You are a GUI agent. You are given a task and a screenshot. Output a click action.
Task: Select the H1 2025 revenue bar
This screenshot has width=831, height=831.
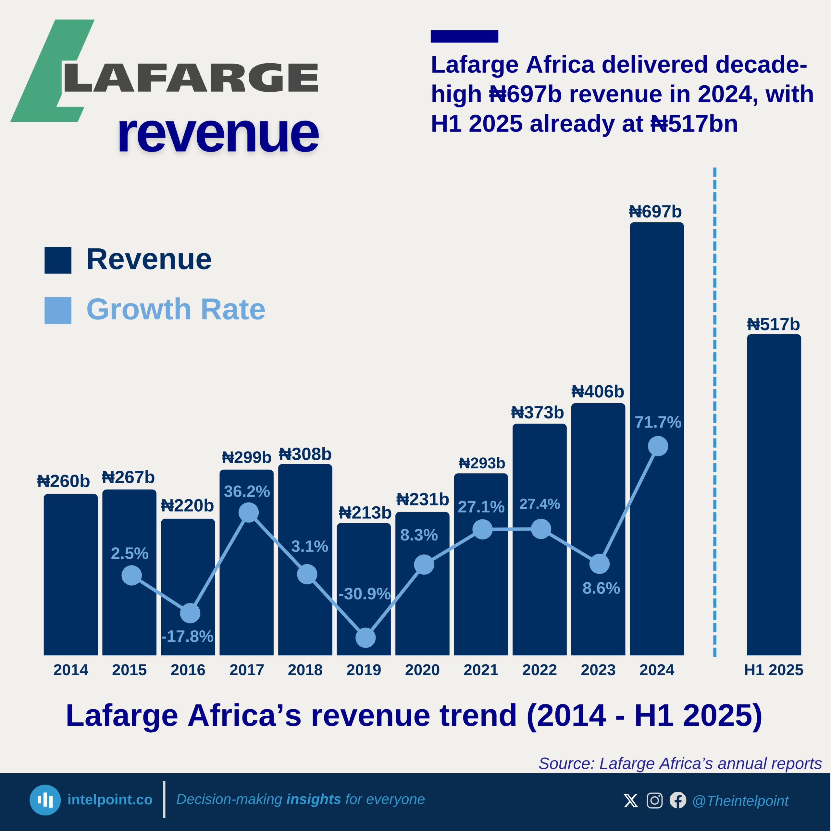(774, 495)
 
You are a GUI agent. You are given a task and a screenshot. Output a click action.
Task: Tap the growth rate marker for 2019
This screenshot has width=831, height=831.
(366, 638)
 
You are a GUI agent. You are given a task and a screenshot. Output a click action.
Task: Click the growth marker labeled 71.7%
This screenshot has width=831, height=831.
(658, 446)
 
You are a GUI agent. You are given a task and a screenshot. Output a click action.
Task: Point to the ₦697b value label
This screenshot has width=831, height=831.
(655, 212)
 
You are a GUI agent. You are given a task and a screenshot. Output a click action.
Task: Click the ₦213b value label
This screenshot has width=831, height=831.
(365, 513)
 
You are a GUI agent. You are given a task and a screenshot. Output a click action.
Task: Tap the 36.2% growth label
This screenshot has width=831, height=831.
(247, 491)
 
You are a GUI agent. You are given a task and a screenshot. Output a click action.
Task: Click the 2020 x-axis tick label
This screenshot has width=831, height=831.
(422, 670)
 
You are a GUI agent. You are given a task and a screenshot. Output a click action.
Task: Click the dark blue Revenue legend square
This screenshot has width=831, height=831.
(58, 260)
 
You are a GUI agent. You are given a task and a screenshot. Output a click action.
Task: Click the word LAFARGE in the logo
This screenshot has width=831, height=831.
(191, 78)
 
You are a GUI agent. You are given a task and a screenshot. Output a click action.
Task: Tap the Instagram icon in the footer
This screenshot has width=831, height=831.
(654, 800)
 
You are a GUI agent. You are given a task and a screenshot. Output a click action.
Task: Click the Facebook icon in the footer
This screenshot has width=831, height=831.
(678, 800)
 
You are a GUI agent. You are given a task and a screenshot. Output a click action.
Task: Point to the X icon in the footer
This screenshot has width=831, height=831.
(631, 800)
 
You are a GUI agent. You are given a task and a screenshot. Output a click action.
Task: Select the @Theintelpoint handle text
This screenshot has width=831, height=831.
(740, 801)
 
